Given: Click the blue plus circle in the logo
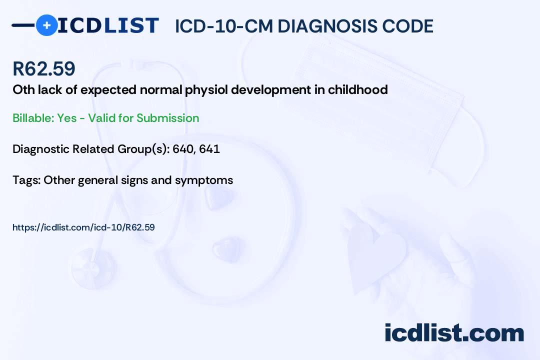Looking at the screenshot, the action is [46, 25].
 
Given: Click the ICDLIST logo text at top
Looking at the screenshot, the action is [108, 25].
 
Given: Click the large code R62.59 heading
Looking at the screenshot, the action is [44, 68].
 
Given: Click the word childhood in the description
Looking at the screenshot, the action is [358, 89].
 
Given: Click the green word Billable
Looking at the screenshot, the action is [33, 118].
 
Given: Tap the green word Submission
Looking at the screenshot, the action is [167, 118].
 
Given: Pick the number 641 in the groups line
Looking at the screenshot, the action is [209, 149].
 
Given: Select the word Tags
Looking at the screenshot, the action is [26, 180].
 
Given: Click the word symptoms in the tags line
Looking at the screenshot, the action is [204, 180].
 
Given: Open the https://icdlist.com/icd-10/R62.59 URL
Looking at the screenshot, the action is [83, 227].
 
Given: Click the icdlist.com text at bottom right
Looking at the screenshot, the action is [454, 333].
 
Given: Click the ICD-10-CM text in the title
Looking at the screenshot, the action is [223, 26].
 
